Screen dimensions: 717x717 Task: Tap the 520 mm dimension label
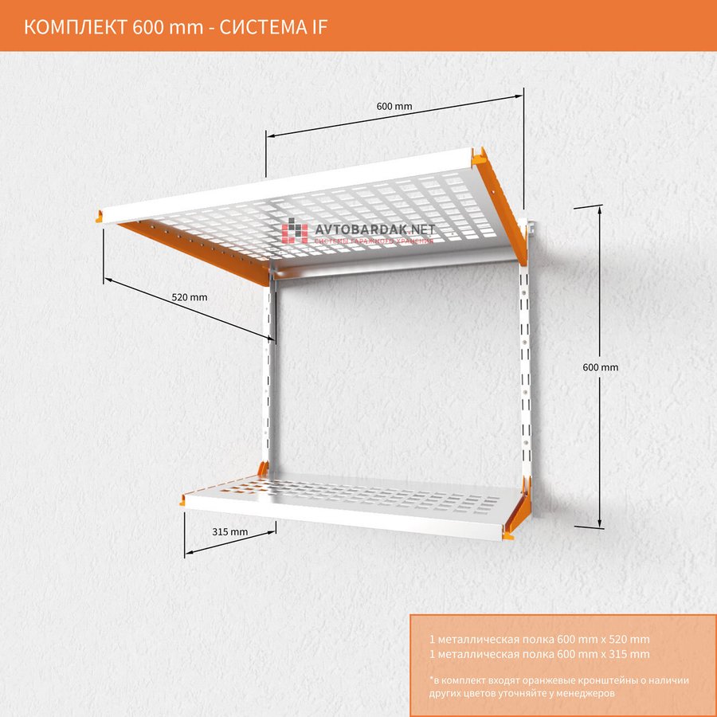[x=190, y=297]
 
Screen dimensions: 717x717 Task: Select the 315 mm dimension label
[x=230, y=531]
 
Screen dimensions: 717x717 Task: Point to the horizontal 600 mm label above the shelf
[x=394, y=106]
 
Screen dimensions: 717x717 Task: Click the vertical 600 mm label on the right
[x=600, y=367]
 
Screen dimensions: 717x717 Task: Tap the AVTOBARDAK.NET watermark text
[x=375, y=229]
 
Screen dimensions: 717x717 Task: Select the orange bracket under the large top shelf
[x=199, y=251]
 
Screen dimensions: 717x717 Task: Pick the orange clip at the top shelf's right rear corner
[x=480, y=157]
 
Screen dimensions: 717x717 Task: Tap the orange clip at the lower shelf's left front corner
[x=183, y=501]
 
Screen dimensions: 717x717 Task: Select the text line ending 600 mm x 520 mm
[x=539, y=639]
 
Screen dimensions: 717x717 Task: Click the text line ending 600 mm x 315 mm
[x=539, y=654]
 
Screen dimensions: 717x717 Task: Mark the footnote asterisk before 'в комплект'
[x=430, y=680]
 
